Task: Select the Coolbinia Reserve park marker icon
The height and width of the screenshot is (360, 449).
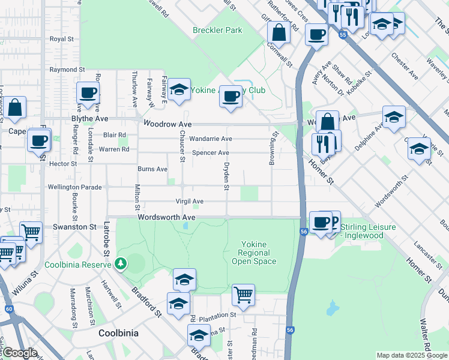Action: (x=121, y=263)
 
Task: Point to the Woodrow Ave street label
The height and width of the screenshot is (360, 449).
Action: (x=167, y=124)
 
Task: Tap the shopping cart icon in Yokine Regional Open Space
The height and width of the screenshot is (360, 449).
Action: (x=243, y=295)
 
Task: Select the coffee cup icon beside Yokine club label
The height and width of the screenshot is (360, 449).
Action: (x=230, y=96)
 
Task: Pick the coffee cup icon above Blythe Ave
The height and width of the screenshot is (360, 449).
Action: (x=88, y=94)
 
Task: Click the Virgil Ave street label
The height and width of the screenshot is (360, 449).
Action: (x=189, y=202)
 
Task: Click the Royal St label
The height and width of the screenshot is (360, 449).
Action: (x=61, y=38)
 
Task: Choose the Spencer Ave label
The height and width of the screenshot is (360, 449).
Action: (x=210, y=153)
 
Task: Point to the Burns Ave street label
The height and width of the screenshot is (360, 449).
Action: (x=152, y=169)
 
